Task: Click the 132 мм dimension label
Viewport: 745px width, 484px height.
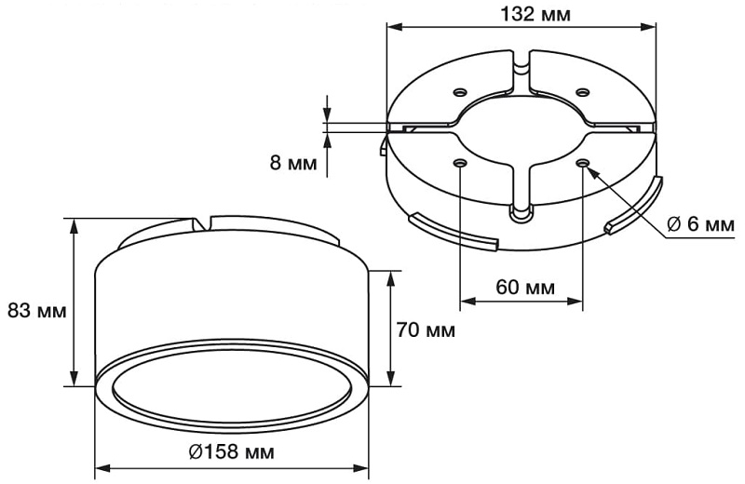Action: point(535,15)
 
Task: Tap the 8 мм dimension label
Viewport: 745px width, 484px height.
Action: point(293,163)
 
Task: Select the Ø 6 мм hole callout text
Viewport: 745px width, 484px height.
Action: point(701,223)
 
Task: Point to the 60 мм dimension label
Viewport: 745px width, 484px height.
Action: point(525,287)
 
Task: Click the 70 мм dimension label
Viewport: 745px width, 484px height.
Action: point(426,329)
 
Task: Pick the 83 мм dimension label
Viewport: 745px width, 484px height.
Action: point(37,311)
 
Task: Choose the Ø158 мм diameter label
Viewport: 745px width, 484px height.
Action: point(231,451)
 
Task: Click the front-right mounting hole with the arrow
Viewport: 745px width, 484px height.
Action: point(583,164)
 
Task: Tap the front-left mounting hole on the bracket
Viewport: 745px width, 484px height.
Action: point(459,164)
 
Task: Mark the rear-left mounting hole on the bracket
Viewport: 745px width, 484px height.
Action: point(460,91)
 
